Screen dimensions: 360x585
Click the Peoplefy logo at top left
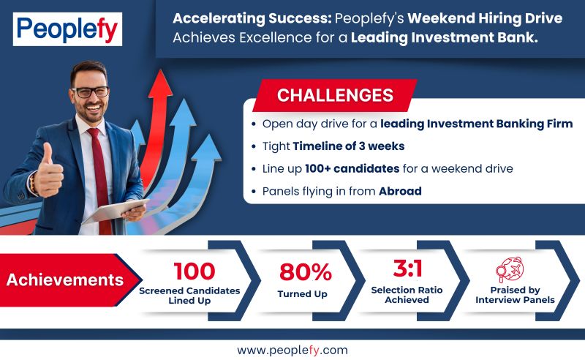point(67,29)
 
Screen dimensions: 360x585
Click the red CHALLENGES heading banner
point(334,95)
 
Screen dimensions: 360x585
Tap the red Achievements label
point(64,280)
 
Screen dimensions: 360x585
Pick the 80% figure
point(305,271)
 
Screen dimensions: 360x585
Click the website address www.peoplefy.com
point(292,349)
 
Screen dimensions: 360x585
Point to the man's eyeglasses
point(91,91)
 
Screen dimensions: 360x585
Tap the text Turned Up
point(305,293)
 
